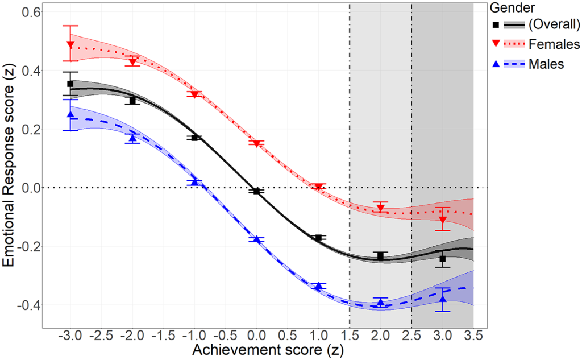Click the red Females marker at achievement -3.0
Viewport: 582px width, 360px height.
click(70, 44)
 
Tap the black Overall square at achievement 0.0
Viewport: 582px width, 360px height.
click(257, 191)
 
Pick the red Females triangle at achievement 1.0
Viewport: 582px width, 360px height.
click(319, 187)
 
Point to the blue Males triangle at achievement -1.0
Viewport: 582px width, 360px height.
click(195, 182)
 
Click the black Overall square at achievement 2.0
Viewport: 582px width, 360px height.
click(381, 256)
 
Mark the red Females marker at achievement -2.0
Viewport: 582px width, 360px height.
click(132, 61)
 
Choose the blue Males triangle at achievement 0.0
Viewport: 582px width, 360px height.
click(257, 240)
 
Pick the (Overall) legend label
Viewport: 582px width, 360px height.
click(554, 24)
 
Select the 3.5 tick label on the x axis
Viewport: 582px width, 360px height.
click(473, 334)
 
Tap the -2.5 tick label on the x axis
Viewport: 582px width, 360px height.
click(101, 334)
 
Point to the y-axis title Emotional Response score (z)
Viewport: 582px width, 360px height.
click(10, 165)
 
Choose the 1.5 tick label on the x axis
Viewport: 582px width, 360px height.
click(350, 334)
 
